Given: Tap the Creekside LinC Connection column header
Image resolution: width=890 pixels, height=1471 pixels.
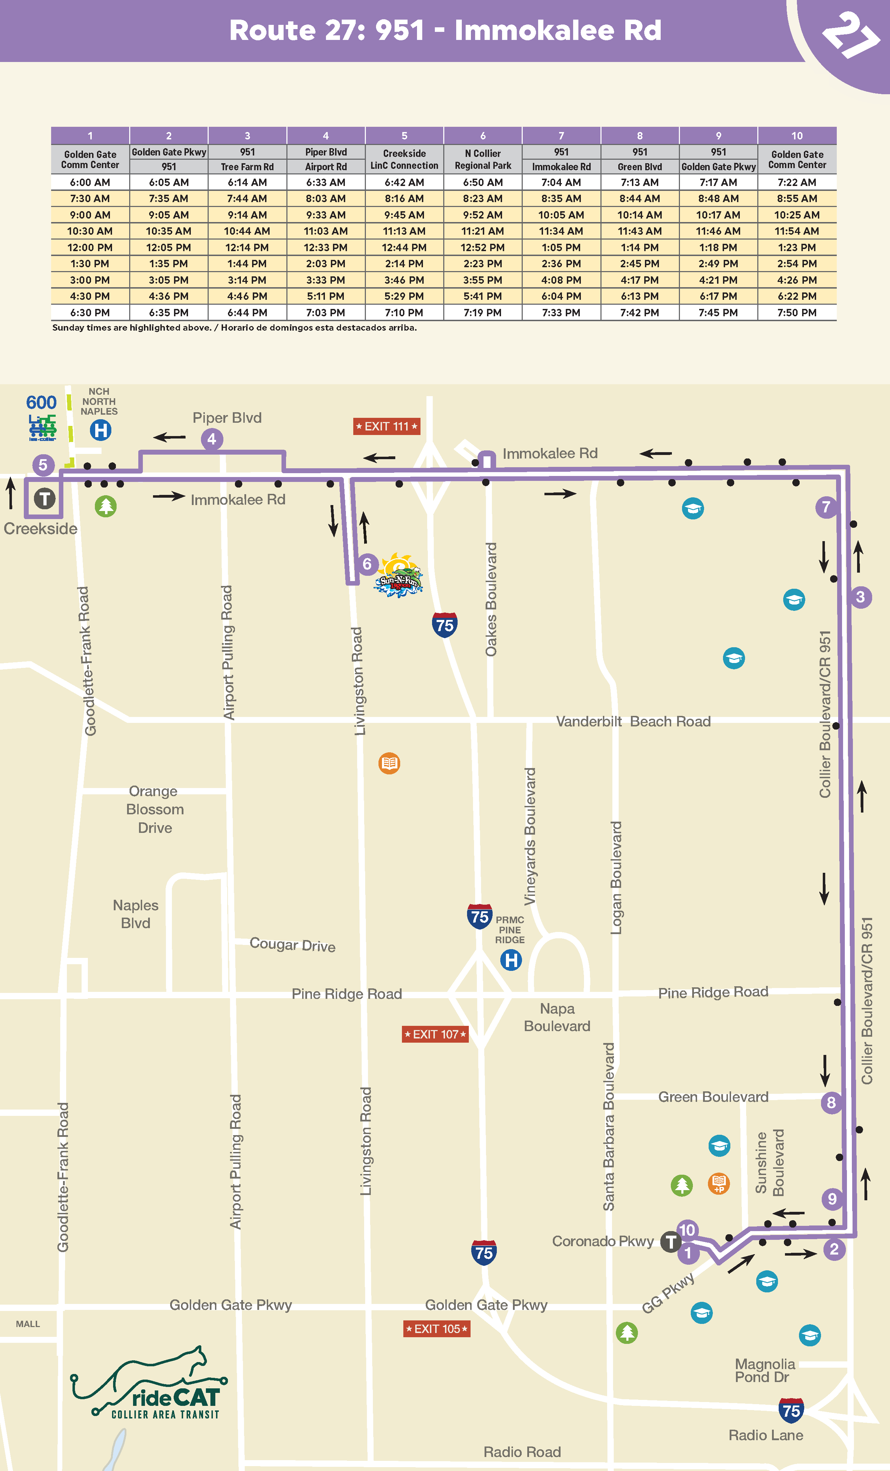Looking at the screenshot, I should click(404, 159).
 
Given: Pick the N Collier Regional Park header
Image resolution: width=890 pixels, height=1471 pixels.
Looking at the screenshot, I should click(483, 159).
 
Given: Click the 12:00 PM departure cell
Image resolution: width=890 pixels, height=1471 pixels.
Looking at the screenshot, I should click(90, 247).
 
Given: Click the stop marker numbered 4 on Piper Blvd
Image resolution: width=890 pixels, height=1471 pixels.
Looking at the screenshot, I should click(211, 440).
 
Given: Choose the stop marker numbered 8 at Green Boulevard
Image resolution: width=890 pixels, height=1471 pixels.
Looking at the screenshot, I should click(831, 1102).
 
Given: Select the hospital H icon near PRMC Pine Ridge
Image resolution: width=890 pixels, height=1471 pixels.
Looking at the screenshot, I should click(511, 960).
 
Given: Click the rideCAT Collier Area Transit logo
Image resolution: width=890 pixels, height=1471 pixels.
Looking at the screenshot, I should click(149, 1385).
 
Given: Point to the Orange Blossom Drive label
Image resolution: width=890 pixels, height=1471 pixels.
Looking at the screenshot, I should click(155, 809).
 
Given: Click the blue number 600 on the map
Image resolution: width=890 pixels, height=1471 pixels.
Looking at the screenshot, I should click(41, 402).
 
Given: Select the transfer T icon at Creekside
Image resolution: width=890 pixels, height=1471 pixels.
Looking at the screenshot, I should click(44, 498).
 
